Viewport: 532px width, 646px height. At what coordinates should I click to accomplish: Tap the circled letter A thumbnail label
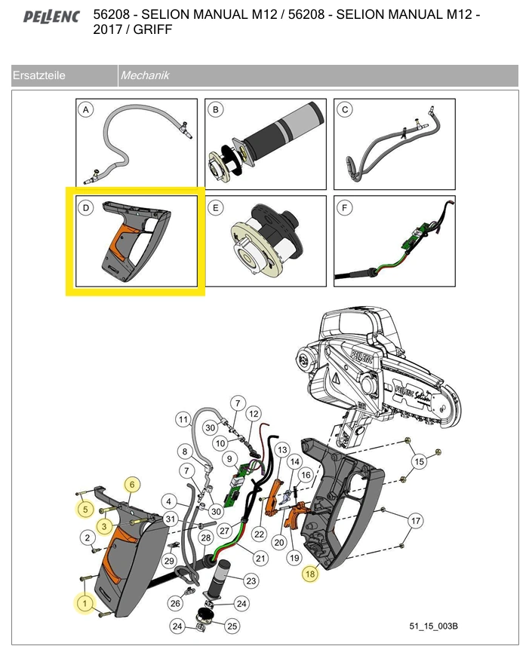(x=86, y=110)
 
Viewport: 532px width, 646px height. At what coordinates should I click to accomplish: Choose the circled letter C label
(x=345, y=110)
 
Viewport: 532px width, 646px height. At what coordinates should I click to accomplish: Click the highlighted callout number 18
(x=310, y=574)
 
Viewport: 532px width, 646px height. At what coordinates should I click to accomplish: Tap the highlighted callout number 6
(x=131, y=484)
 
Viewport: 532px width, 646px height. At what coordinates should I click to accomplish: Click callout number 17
(x=415, y=520)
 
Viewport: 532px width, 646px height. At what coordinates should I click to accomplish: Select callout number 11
(x=183, y=419)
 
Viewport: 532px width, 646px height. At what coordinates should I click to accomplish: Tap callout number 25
(x=232, y=626)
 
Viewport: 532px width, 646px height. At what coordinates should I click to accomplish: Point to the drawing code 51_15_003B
(x=434, y=626)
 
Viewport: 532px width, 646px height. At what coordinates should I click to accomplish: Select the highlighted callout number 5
(x=85, y=510)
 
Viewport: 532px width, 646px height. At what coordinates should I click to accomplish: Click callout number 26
(x=175, y=602)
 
